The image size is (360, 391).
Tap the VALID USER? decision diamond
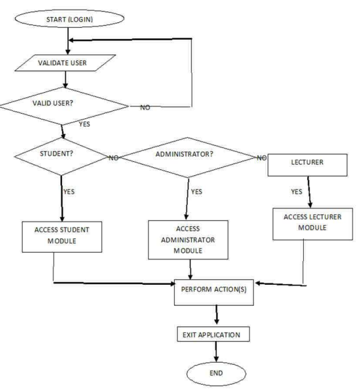pos(65,106)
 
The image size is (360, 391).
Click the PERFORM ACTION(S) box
pos(216,290)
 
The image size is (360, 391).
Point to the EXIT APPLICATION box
pos(216,335)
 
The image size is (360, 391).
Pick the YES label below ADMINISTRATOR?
pos(196,192)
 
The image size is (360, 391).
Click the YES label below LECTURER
pos(296,192)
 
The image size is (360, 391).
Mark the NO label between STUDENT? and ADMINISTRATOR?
pos(113,157)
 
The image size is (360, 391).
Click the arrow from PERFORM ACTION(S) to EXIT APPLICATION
pos(216,314)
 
